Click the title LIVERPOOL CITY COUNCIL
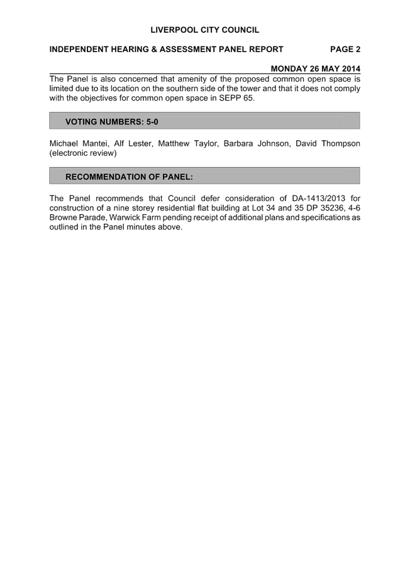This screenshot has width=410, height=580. [204, 30]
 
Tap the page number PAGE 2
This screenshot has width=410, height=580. [345, 50]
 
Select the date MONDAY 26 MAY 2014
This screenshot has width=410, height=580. [316, 68]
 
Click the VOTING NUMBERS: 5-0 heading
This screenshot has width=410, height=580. [112, 122]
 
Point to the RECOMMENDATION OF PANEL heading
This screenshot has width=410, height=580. [129, 177]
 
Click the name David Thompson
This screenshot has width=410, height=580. [328, 143]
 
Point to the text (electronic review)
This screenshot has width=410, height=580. [83, 153]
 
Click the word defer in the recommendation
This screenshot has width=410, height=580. [211, 199]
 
